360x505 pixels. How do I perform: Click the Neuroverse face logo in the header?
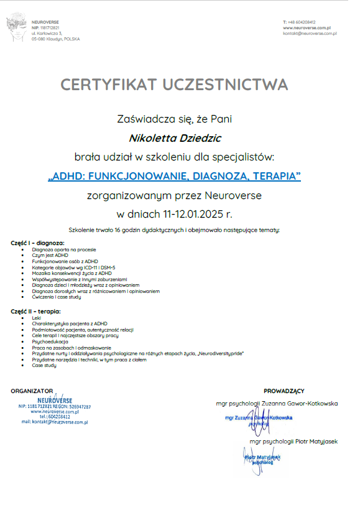click(16, 29)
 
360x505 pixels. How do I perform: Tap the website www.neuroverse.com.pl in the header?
click(306, 28)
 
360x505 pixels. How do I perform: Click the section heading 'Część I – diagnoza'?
click(38, 243)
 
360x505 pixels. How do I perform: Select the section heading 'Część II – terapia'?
click(36, 311)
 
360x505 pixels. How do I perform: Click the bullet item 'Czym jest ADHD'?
click(50, 255)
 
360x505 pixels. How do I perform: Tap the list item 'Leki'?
click(36, 318)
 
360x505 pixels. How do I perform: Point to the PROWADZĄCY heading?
click(284, 391)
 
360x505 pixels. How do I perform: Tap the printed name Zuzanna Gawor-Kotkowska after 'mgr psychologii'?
click(299, 404)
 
